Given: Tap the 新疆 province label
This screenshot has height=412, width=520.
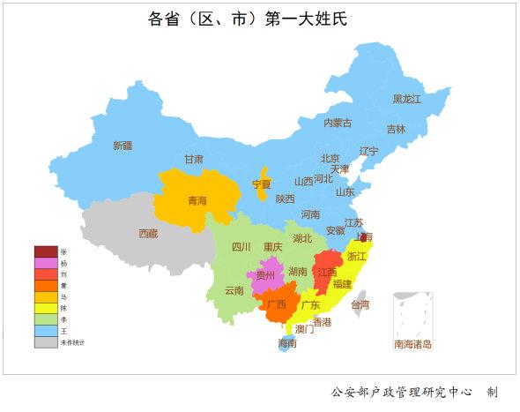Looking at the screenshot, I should [x=123, y=146].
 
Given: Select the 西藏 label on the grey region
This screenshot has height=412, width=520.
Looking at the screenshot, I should [x=148, y=234].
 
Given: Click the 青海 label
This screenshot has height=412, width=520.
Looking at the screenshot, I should [x=197, y=201].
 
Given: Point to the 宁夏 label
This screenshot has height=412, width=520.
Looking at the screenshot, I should [x=262, y=184].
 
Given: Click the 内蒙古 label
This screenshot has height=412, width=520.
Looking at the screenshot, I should [x=338, y=123].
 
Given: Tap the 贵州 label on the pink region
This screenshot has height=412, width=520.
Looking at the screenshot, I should [x=264, y=276].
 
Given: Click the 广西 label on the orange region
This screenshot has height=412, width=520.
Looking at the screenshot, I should [x=276, y=305].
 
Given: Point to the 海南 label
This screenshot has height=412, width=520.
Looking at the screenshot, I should [x=287, y=342].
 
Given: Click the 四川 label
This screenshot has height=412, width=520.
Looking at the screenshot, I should [x=241, y=247].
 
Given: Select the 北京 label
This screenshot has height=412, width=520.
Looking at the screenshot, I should [x=331, y=159].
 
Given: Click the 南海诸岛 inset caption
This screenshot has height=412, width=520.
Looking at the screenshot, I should [x=412, y=344].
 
